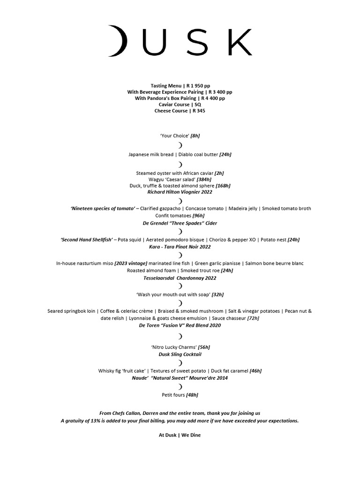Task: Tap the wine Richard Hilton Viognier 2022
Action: (x=180, y=192)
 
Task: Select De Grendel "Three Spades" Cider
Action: (x=180, y=223)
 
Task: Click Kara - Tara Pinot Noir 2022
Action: (x=180, y=247)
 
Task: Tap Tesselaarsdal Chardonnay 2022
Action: (x=180, y=278)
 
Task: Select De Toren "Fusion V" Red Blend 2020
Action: (x=180, y=325)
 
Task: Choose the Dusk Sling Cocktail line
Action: (x=180, y=354)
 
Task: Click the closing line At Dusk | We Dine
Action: (x=180, y=435)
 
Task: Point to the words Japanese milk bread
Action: (x=147, y=154)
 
